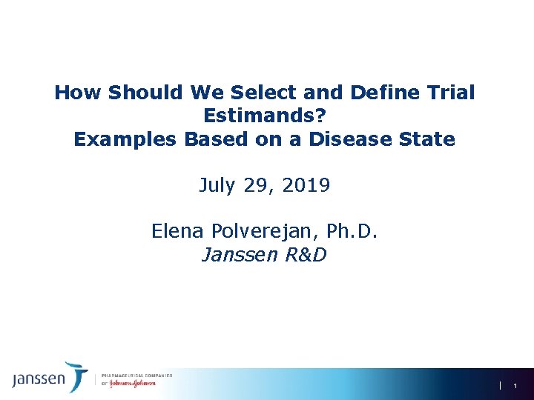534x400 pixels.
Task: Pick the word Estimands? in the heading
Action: point(265,116)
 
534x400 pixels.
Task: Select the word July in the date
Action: point(216,185)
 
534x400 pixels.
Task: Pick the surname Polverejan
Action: point(263,232)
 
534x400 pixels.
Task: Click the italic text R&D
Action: point(304,255)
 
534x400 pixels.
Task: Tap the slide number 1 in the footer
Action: point(514,386)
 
